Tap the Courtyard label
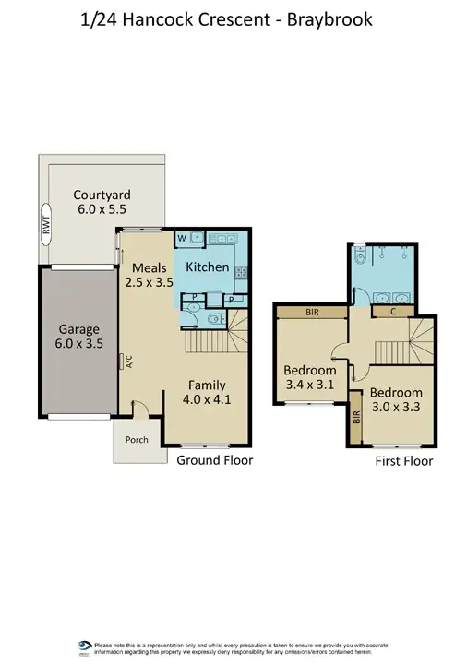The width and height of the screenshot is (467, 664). coord(102,203)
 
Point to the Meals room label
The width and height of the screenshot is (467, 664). coord(150,276)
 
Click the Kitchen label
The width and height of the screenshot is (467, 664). coord(208,267)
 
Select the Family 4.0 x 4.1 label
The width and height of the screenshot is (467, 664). coord(207,393)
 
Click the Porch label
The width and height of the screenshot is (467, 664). coord(138,440)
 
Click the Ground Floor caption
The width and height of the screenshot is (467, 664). coord(215,459)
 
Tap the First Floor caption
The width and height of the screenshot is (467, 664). coord(404,461)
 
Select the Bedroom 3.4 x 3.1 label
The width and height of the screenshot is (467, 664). coord(308,380)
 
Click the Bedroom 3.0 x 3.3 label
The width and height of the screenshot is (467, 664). coord(396,399)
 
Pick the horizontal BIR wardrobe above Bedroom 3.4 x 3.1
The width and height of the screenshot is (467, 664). coord(313,313)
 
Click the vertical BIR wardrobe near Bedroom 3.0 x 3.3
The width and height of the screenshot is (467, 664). coord(356,420)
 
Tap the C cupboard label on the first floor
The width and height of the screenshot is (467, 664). coord(393,312)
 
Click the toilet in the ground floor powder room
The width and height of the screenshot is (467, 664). coord(214,320)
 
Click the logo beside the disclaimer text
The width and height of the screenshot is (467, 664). coord(85,646)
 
